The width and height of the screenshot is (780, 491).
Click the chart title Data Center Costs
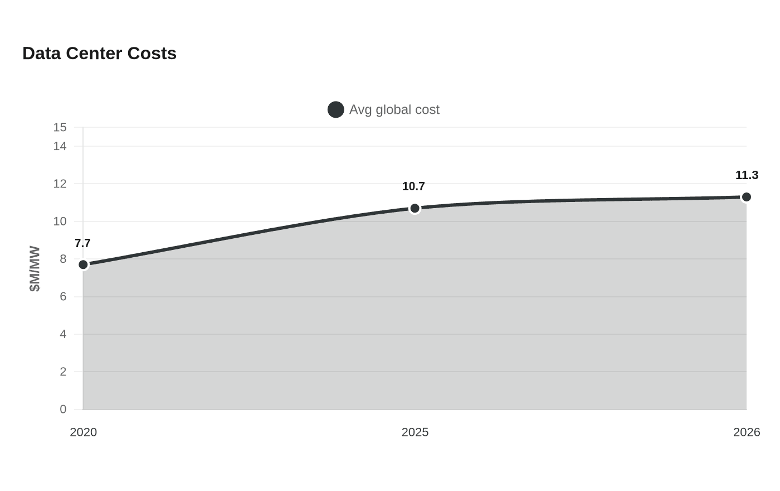pyautogui.click(x=100, y=54)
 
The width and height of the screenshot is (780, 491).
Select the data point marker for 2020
pyautogui.click(x=83, y=264)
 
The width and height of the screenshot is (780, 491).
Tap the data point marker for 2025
pyautogui.click(x=415, y=208)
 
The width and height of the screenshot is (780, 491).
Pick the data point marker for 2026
pyautogui.click(x=746, y=197)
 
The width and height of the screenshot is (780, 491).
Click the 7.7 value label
pyautogui.click(x=82, y=243)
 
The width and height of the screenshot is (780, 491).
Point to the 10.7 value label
pyautogui.click(x=413, y=186)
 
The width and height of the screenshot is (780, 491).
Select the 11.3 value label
pyautogui.click(x=747, y=175)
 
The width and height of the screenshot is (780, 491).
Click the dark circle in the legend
pyautogui.click(x=335, y=109)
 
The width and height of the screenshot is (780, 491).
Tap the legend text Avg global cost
pyautogui.click(x=394, y=109)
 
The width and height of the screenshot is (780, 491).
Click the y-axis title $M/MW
pyautogui.click(x=35, y=268)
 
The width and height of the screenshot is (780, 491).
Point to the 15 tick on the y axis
pyautogui.click(x=60, y=127)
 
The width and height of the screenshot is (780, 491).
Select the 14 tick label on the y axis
pyautogui.click(x=60, y=146)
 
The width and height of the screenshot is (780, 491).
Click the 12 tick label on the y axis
pyautogui.click(x=60, y=184)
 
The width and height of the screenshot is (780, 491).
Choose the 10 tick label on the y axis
pyautogui.click(x=60, y=221)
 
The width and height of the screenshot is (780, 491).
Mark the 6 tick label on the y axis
pyautogui.click(x=63, y=296)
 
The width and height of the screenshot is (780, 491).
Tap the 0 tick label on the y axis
pyautogui.click(x=63, y=409)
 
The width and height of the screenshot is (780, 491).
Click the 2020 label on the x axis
pyautogui.click(x=83, y=432)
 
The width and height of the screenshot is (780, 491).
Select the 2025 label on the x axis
pyautogui.click(x=415, y=432)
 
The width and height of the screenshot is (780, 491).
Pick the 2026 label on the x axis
pyautogui.click(x=747, y=432)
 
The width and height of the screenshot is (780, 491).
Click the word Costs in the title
pyautogui.click(x=152, y=54)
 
